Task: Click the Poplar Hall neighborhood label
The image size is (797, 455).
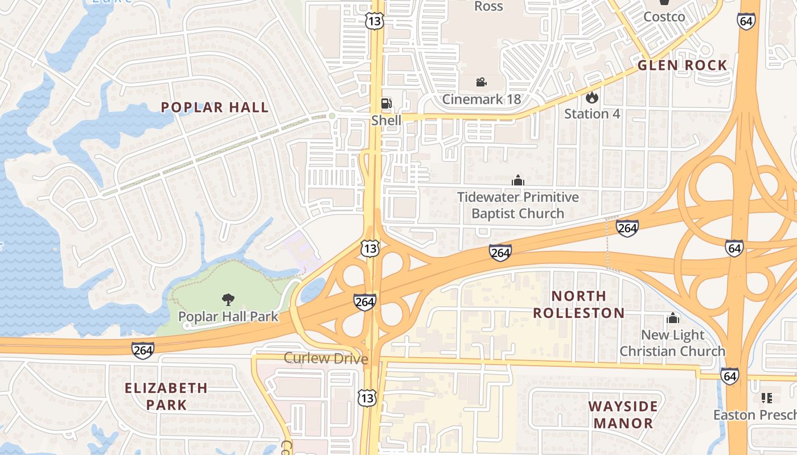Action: click(215, 107)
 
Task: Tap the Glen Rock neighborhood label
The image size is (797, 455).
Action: click(682, 65)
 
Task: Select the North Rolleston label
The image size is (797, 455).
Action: click(579, 304)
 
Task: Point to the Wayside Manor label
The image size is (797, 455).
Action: click(623, 415)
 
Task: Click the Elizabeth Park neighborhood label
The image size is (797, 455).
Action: click(166, 396)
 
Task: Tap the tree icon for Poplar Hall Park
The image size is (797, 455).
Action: click(228, 300)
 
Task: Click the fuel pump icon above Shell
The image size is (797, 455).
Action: click(387, 104)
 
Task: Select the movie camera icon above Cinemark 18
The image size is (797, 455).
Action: click(482, 82)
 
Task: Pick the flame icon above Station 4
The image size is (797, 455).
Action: click(592, 98)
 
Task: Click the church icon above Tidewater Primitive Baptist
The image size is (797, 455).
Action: click(517, 181)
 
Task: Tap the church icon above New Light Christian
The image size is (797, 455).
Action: click(673, 318)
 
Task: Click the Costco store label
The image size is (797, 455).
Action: click(664, 16)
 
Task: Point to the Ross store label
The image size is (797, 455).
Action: click(489, 6)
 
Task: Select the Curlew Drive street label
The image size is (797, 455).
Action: click(326, 358)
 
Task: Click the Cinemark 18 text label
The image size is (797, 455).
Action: click(482, 99)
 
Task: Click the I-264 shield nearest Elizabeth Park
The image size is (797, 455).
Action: click(142, 350)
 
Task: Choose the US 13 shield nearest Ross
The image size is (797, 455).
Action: click(375, 21)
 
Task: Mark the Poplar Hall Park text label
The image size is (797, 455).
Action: click(228, 316)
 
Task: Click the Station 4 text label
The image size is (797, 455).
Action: click(592, 114)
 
